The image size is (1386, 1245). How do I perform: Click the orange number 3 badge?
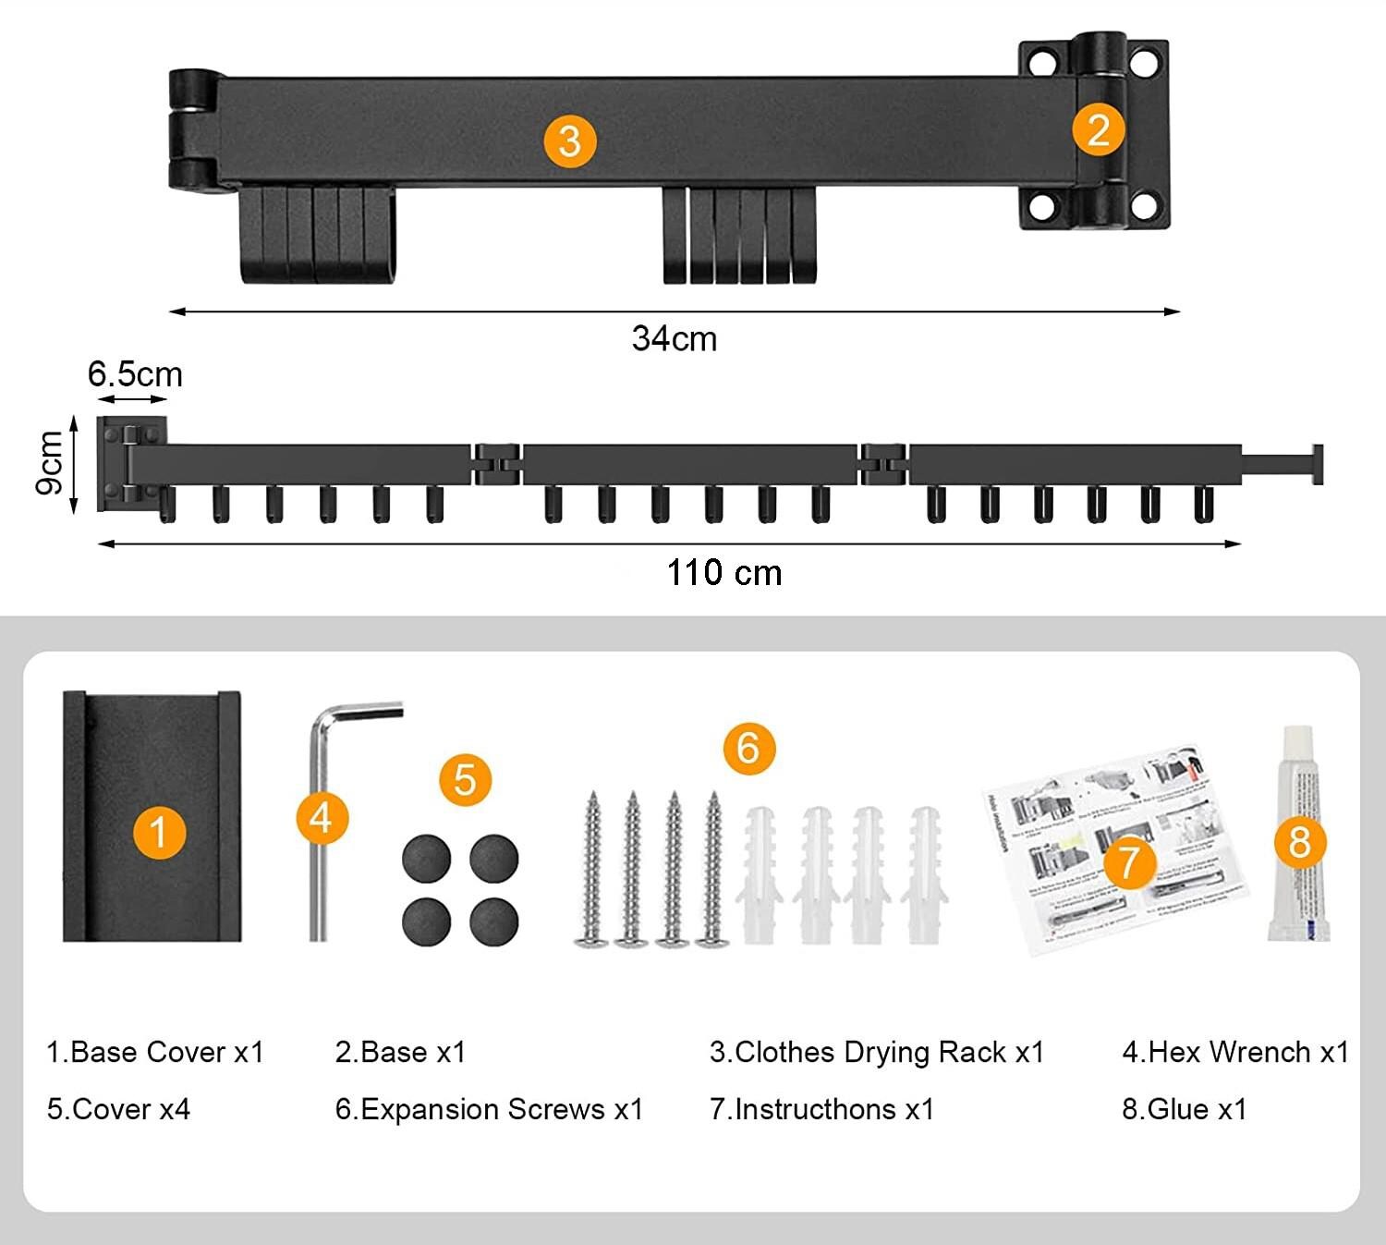tap(569, 141)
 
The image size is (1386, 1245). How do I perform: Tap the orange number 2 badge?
tap(1098, 129)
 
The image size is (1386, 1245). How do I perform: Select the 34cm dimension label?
tap(675, 339)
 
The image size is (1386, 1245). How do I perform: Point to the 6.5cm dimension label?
tap(135, 374)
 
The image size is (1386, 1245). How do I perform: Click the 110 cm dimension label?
tap(724, 573)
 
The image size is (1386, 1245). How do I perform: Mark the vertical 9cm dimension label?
tap(50, 462)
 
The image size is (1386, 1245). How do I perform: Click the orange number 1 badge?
tap(159, 832)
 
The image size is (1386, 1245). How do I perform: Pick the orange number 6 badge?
tap(748, 747)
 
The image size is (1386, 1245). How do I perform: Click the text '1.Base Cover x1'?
tap(155, 1052)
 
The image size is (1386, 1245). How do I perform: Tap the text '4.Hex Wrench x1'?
tap(1235, 1052)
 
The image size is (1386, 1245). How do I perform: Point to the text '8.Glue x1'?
tap(1185, 1109)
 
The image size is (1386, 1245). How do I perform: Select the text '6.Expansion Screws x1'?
tap(489, 1109)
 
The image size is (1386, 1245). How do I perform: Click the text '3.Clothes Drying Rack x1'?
tap(877, 1052)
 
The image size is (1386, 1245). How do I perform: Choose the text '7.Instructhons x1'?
tap(821, 1109)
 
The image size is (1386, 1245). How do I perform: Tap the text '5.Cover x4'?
tap(118, 1109)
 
